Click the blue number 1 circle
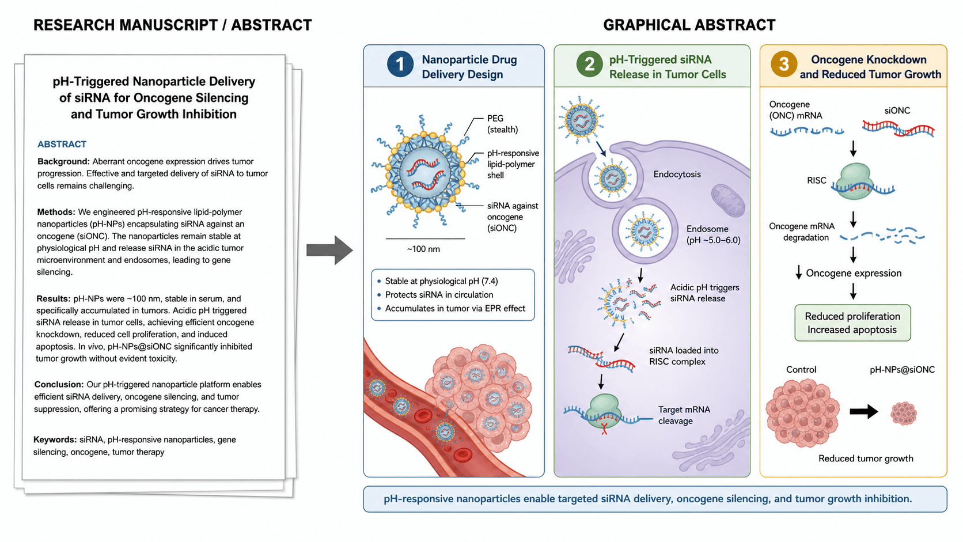click(400, 65)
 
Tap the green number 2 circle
click(589, 65)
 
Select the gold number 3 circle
click(784, 65)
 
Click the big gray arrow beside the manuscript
click(330, 250)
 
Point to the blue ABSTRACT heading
click(62, 145)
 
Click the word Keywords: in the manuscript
click(55, 439)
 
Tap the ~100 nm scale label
click(423, 249)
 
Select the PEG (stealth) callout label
click(502, 124)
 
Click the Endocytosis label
click(677, 174)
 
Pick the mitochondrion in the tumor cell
click(728, 200)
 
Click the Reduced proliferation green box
click(852, 323)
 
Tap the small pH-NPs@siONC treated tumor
click(904, 413)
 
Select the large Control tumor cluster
click(802, 412)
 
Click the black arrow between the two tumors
click(864, 411)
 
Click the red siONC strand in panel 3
click(898, 128)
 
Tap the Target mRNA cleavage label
click(684, 415)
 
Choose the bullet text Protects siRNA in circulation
click(439, 294)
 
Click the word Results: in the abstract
click(54, 298)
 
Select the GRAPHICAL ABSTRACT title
click(689, 25)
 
